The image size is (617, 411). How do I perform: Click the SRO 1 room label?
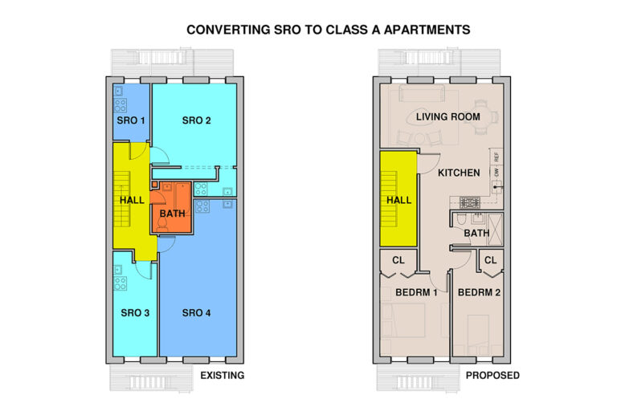131,121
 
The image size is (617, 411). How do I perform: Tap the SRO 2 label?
196,121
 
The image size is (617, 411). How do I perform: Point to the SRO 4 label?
196,313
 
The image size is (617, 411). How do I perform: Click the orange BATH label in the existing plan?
173,214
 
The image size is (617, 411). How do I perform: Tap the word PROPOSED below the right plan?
492,376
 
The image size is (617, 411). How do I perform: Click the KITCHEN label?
459,173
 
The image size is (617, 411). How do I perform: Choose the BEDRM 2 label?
480,293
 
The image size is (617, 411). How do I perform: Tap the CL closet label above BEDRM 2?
491,260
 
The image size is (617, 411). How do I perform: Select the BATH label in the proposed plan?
476,234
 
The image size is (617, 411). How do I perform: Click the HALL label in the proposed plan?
398,201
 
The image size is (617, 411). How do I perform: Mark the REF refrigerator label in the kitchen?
497,158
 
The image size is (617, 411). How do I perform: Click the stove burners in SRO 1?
120,104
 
